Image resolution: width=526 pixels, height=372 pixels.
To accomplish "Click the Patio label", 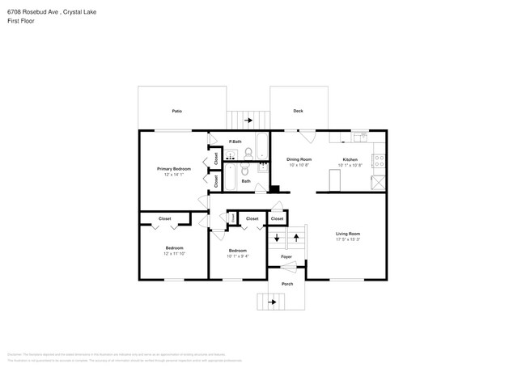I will click(176, 111).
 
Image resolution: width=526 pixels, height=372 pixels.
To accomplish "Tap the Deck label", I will click(298, 111).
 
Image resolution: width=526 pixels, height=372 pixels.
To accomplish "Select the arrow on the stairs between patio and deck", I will click(248, 120).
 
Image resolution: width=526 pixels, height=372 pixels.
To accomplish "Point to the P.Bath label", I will click(235, 142).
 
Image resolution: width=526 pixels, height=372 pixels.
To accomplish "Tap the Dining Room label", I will click(299, 159).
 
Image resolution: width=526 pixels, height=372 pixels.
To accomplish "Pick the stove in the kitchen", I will click(378, 182).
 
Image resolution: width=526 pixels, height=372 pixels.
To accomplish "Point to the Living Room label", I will click(348, 234).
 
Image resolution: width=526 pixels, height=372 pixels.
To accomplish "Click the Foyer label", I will click(286, 257).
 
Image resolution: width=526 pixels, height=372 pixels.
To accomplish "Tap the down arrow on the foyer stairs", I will click(278, 238).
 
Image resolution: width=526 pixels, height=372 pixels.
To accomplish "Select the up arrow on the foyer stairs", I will click(297, 238).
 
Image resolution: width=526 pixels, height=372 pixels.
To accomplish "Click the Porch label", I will click(287, 284).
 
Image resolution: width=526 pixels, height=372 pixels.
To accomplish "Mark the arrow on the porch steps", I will click(272, 302).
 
